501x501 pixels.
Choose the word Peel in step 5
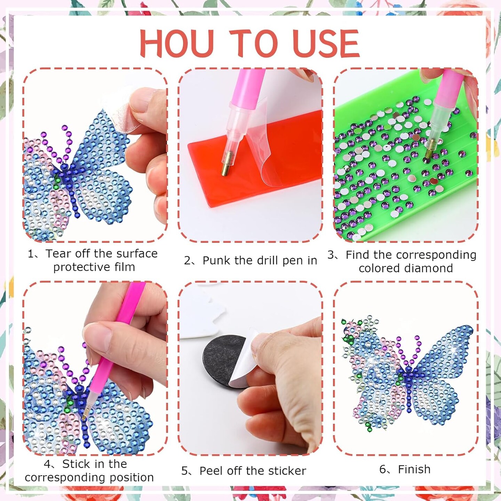(x=212, y=471)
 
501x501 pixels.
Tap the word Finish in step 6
(x=414, y=469)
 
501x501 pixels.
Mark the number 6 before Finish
(x=382, y=470)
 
